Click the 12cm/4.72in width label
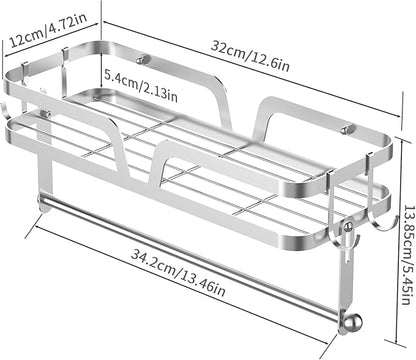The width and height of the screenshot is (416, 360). click(48, 31)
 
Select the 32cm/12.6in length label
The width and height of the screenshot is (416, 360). click(250, 56)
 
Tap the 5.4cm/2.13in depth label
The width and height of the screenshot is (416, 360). click(141, 85)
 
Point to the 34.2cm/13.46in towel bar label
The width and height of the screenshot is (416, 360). click(178, 273)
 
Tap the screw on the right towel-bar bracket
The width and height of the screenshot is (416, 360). click(348, 227)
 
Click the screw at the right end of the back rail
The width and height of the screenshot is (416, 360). click(346, 130)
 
